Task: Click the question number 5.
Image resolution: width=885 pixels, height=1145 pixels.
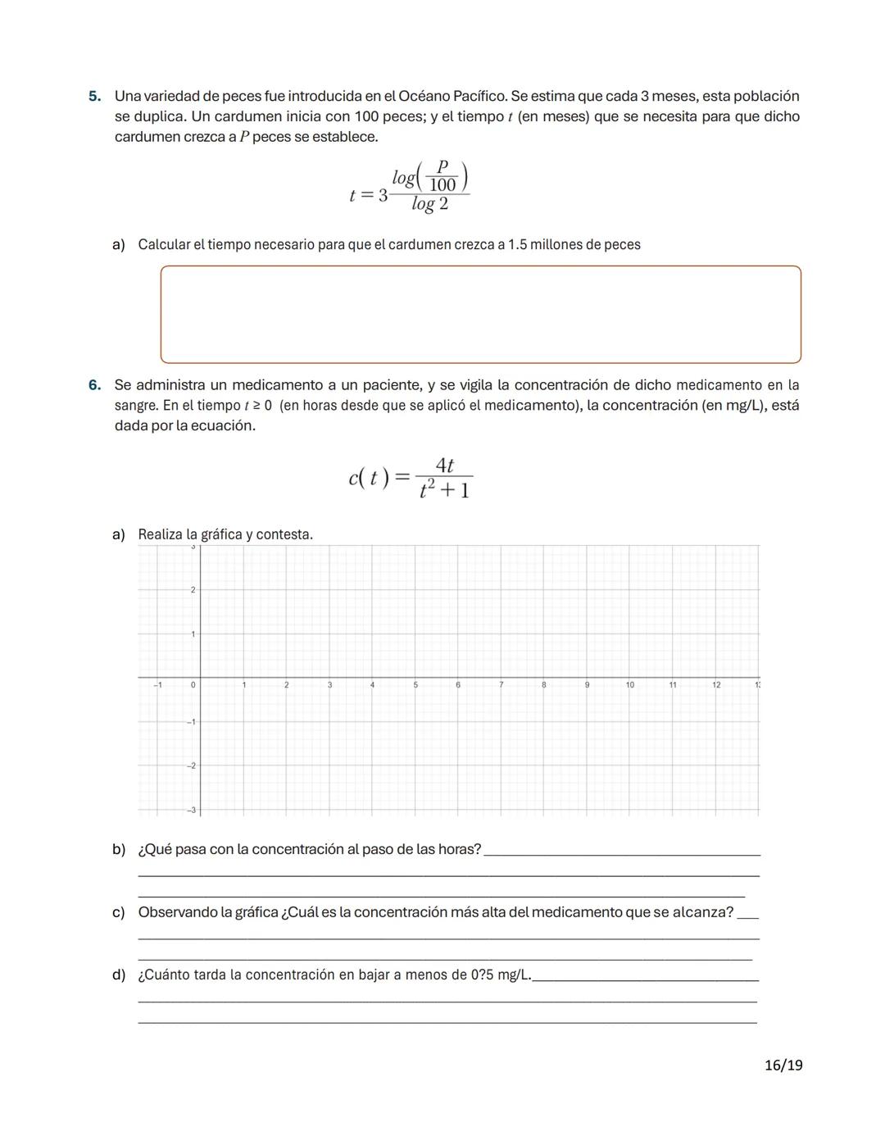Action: click(94, 97)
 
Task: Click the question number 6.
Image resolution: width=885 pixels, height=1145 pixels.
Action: click(94, 385)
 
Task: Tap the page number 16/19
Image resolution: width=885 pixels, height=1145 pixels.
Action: click(783, 1065)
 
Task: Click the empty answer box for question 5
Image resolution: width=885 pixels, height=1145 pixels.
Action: click(480, 314)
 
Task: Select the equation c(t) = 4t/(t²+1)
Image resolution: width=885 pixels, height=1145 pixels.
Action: click(410, 478)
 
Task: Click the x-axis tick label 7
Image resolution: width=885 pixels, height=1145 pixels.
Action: click(501, 684)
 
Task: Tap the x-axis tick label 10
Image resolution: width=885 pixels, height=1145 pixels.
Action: click(629, 684)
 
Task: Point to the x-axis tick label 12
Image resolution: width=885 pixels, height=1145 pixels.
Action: click(716, 684)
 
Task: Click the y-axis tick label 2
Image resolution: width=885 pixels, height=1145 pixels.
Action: click(193, 590)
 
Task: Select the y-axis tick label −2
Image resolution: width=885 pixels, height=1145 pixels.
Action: click(191, 766)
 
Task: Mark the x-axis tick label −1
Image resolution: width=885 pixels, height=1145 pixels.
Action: click(158, 684)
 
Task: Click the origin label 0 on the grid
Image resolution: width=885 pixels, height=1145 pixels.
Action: click(193, 684)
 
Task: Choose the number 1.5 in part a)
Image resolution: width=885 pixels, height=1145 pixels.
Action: click(517, 245)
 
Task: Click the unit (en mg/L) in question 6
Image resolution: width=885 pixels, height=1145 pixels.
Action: click(732, 406)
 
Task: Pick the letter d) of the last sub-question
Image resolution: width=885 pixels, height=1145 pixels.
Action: click(119, 975)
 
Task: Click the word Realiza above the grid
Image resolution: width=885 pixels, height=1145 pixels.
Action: click(161, 535)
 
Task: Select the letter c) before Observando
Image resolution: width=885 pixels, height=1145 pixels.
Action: click(119, 913)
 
